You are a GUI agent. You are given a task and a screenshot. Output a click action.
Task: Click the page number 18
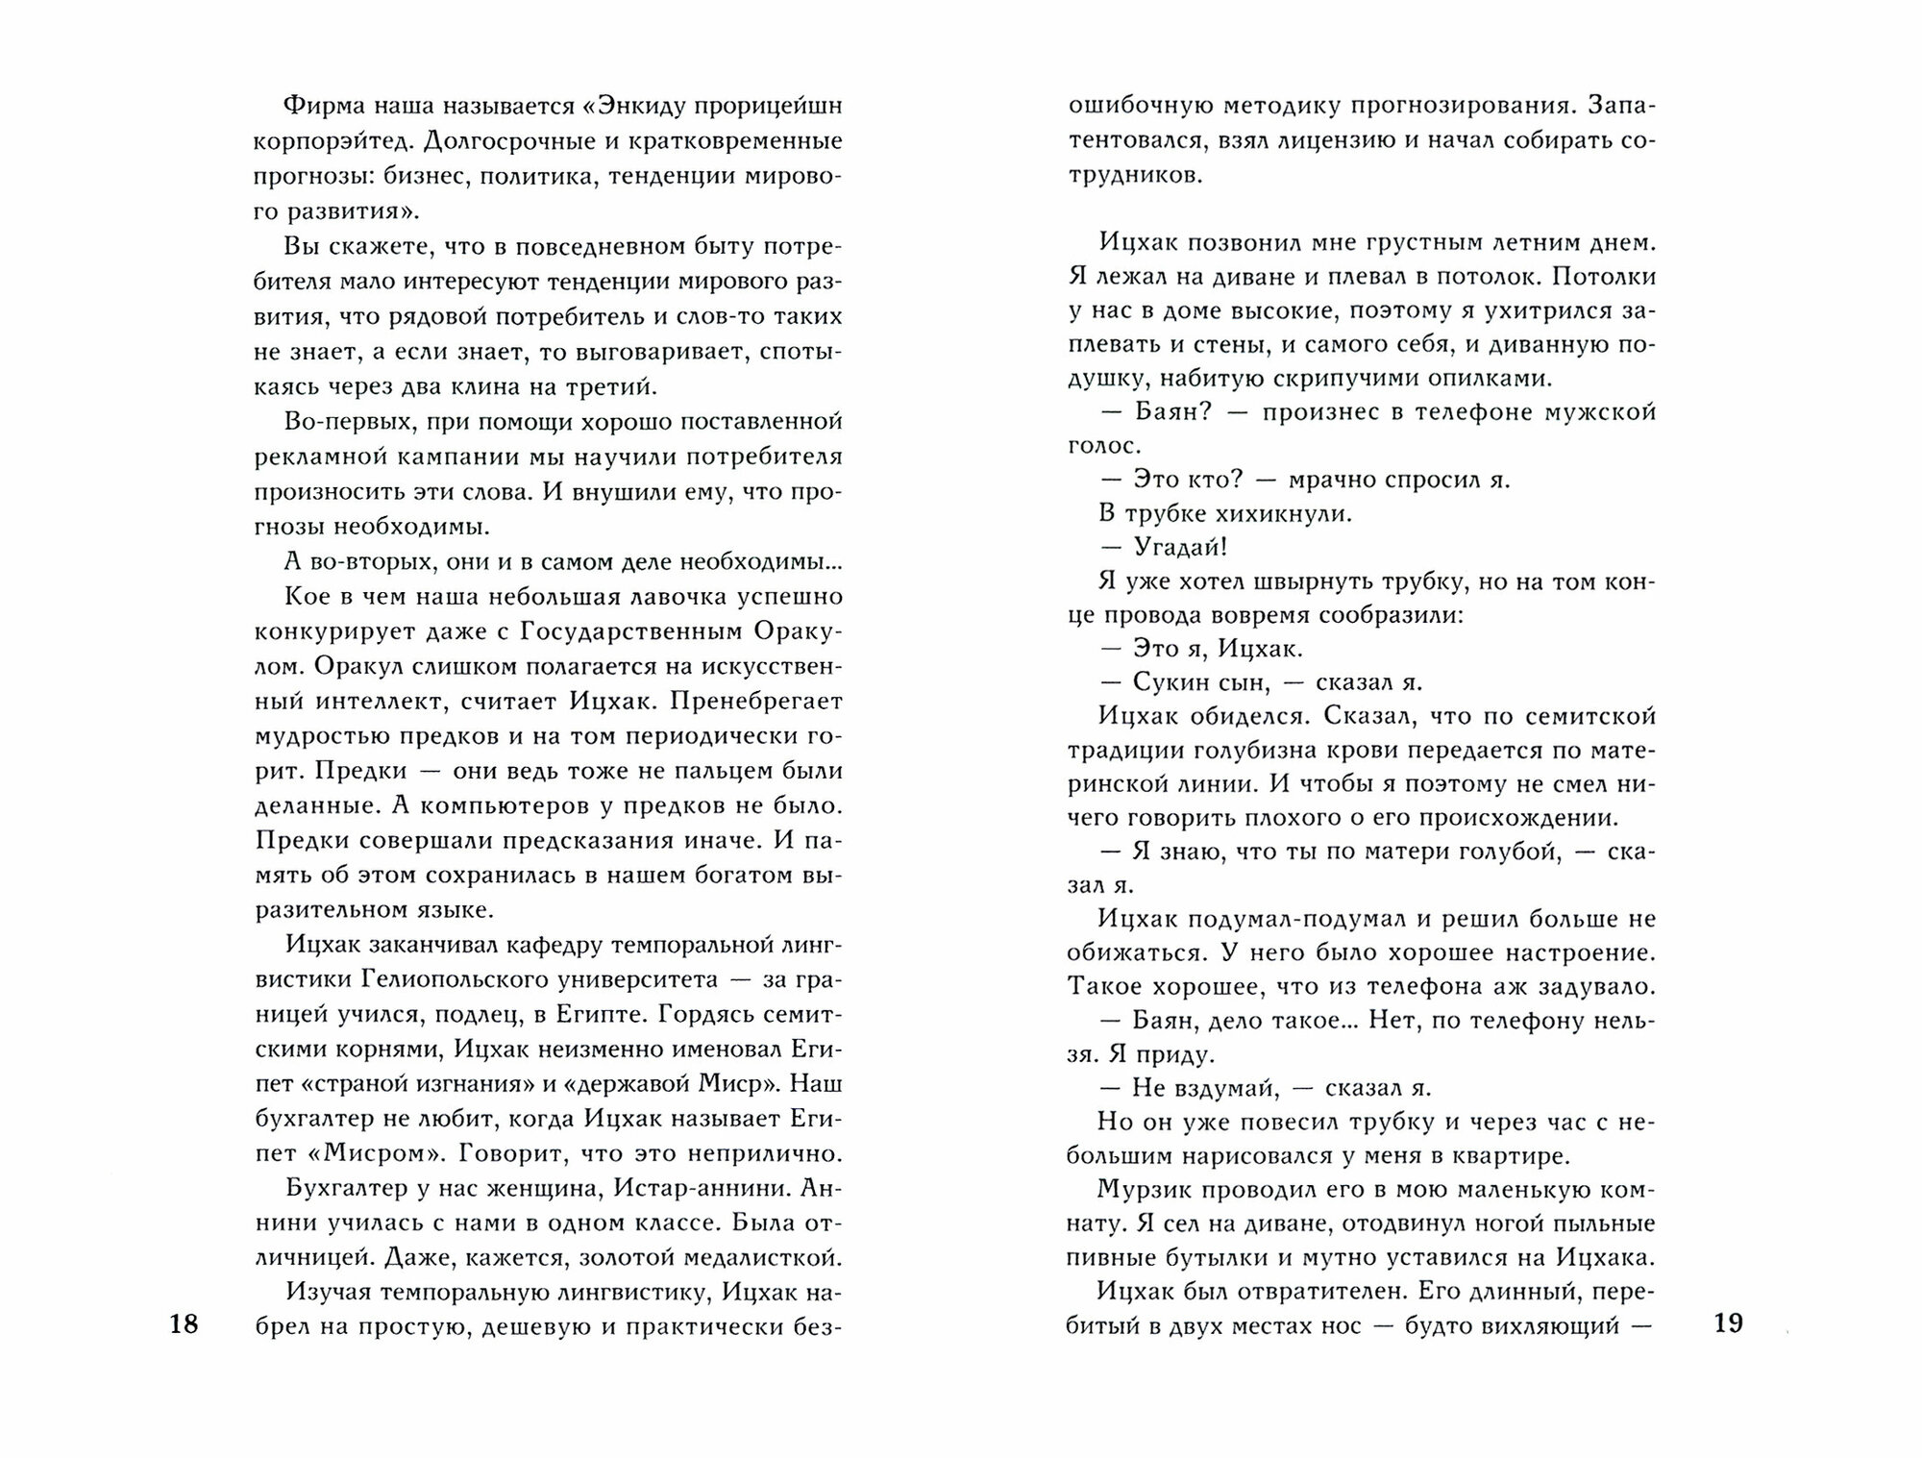click(183, 1324)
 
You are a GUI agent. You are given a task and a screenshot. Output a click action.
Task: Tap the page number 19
click(1728, 1323)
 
